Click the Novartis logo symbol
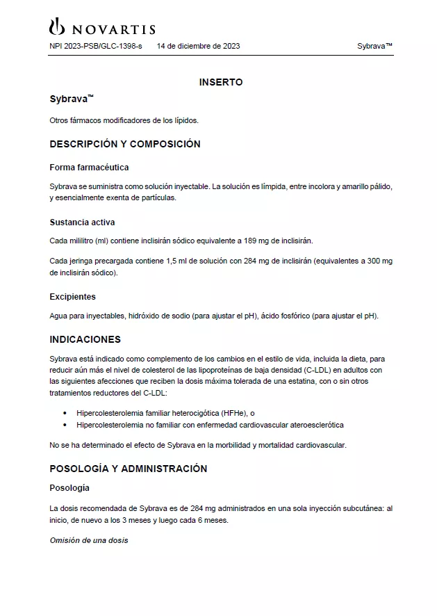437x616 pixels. (56, 26)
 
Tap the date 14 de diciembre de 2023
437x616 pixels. (199, 47)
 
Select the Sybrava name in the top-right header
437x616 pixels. (374, 47)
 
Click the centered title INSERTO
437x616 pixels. (221, 82)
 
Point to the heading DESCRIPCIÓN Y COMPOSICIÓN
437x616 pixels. (125, 144)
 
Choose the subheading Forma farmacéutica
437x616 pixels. (89, 168)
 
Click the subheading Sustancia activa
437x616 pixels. (82, 222)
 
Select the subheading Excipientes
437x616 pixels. (72, 297)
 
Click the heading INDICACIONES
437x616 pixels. (85, 339)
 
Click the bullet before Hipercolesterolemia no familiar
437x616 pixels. (65, 424)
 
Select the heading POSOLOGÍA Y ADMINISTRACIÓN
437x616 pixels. (129, 469)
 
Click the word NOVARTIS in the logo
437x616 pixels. (113, 29)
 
